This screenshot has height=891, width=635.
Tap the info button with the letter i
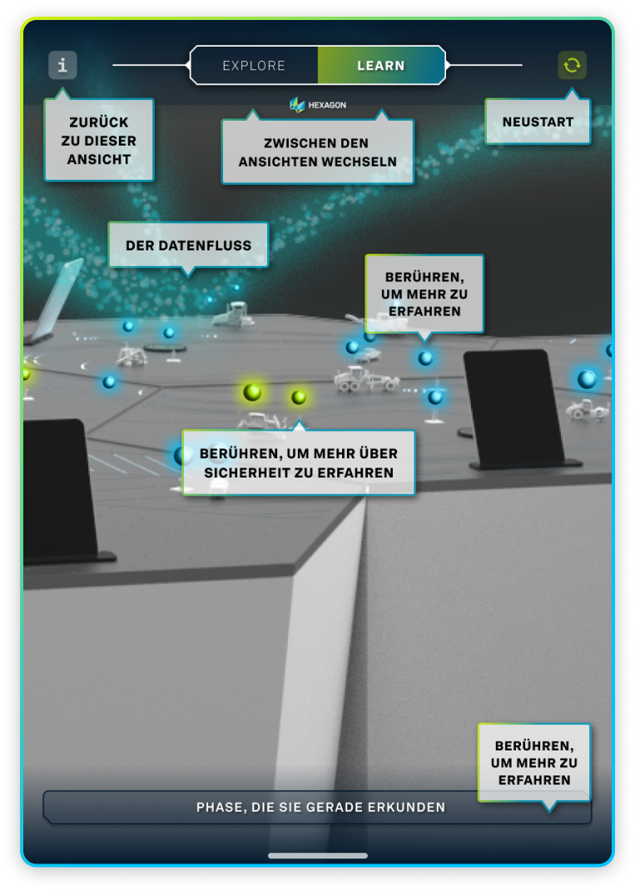coord(62,66)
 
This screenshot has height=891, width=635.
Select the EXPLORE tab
coord(254,66)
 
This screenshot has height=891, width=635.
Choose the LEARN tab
coord(381,66)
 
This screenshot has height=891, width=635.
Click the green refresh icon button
coord(572,66)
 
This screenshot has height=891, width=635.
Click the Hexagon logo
coord(318,105)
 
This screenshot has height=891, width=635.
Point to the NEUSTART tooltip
coord(538,121)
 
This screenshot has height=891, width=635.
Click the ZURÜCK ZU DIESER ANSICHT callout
coord(99,141)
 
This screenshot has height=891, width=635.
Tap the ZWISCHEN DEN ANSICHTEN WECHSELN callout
coord(318,151)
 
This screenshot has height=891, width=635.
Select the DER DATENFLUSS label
coord(188,245)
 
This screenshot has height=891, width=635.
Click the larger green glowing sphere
coord(252,392)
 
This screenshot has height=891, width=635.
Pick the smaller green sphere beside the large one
coord(299,397)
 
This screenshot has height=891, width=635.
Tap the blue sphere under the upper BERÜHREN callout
coord(425,358)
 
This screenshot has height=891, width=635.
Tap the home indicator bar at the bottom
coord(318,855)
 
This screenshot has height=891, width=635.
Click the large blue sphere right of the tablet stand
coord(587,379)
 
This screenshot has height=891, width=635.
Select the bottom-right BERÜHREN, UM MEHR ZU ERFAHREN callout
coord(534,763)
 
